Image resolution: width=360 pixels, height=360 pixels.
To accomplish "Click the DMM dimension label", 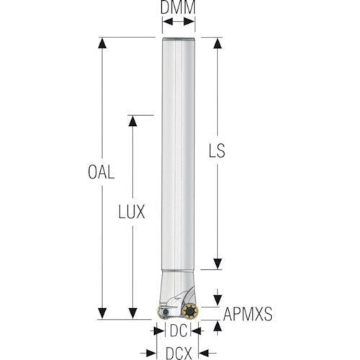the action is point(178,7).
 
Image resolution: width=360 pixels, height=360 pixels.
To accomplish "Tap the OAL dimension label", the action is point(101,172).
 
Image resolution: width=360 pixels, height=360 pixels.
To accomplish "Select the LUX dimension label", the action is point(132,212).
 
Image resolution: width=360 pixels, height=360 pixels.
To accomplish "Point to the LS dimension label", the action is point(217,150).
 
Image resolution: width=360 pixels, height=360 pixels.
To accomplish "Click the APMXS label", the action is point(248,314).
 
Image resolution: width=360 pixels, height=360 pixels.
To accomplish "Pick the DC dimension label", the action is point(179,331).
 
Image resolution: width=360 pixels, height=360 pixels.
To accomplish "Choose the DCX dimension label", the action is point(179,353).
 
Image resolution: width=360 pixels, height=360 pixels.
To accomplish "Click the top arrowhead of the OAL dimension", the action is point(102,43).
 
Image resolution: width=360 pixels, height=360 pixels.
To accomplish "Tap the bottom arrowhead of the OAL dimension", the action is point(102,313).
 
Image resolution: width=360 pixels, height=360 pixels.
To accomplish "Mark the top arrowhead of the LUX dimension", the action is point(132,121).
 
